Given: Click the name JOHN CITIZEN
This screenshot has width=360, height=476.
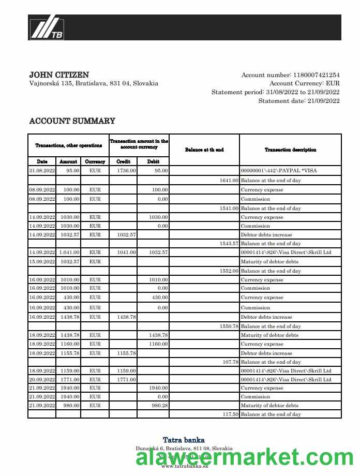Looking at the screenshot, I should (59, 75).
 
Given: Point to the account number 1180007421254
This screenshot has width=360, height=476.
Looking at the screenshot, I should (316, 75).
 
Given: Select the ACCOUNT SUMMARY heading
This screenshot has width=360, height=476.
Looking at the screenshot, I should (72, 121).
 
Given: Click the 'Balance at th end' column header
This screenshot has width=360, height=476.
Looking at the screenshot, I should (204, 150).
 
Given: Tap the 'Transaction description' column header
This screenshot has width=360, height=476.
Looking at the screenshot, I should (290, 150).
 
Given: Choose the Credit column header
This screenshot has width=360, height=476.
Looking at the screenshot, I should (124, 161).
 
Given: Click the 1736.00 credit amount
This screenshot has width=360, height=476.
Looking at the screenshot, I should (127, 170).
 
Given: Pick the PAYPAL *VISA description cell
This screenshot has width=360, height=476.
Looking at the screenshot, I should (279, 170).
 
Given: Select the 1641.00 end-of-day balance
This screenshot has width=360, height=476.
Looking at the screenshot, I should (229, 181).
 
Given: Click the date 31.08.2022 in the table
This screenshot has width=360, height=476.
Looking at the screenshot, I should (42, 170).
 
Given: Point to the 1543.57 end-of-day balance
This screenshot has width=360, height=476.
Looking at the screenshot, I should (229, 243).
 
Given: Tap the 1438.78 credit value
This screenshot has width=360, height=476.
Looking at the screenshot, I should (127, 317).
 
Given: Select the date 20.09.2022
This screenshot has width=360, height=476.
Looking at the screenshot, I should (42, 380).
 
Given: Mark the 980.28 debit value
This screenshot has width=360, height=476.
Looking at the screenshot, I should (158, 406).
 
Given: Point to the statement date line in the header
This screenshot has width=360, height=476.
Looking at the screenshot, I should (299, 101).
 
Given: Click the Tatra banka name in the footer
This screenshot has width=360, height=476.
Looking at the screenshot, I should (184, 440).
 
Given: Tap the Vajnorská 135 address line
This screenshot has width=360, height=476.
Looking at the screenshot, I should (94, 83).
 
